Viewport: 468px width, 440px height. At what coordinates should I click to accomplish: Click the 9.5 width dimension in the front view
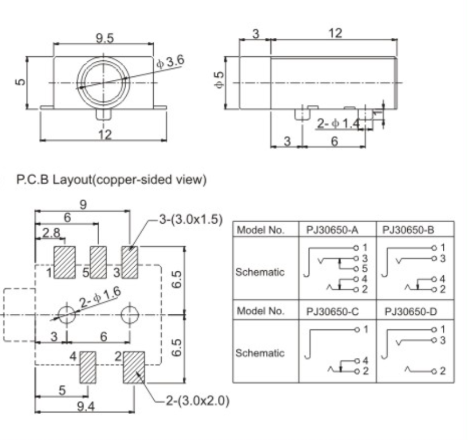[104, 38]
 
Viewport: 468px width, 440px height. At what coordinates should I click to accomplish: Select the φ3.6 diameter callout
[170, 62]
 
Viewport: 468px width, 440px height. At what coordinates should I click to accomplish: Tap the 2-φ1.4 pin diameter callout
[339, 123]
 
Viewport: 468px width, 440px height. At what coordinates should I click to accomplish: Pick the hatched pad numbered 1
[64, 262]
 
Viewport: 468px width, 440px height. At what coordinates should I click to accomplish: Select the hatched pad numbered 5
[98, 262]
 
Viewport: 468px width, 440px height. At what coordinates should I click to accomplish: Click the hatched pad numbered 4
[87, 367]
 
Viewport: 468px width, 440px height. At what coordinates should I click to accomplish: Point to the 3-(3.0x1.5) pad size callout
[190, 219]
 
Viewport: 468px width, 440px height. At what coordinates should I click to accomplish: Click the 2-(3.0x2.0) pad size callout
[198, 400]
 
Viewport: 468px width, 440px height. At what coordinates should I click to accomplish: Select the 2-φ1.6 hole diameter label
[100, 297]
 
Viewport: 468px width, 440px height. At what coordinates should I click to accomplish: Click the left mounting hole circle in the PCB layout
[66, 314]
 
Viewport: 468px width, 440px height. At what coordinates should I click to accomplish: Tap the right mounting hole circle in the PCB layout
[130, 314]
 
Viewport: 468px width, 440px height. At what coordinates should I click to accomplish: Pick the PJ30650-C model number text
[332, 311]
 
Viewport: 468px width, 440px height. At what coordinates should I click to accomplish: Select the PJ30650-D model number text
[411, 311]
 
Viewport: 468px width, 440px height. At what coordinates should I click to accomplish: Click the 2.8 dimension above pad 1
[51, 232]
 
